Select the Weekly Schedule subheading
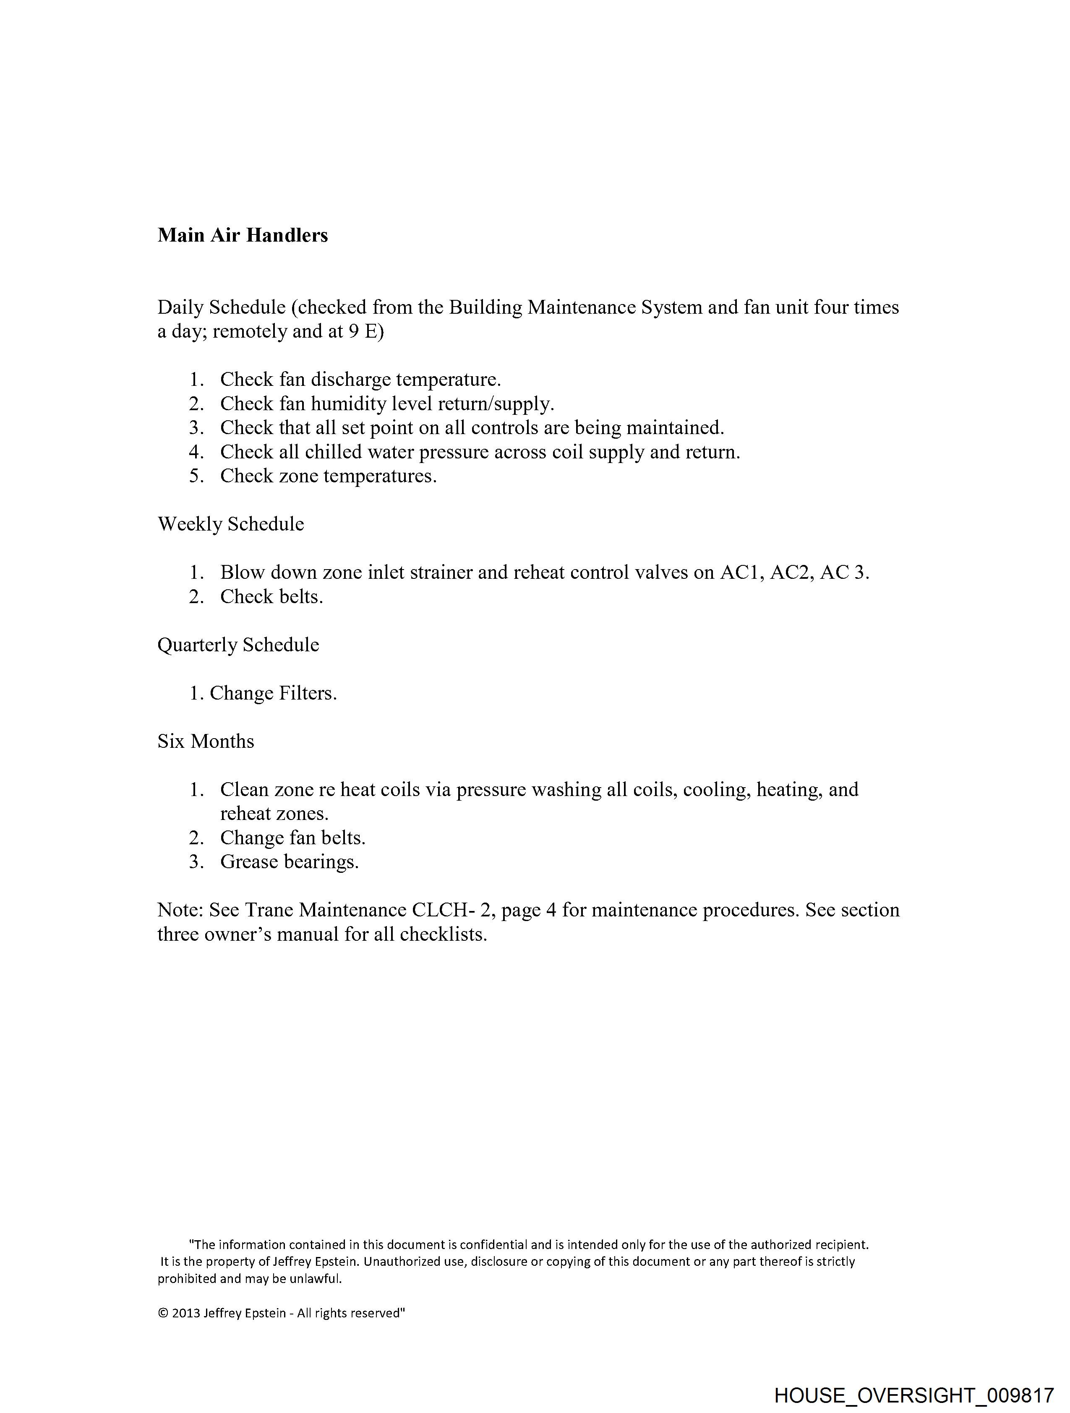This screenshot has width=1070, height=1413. [x=231, y=524]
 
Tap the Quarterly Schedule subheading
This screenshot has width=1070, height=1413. [x=238, y=645]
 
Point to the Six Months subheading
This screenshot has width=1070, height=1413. [x=206, y=741]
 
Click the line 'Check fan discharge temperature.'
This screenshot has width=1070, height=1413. [x=360, y=380]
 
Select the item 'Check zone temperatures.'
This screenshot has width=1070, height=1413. [x=329, y=476]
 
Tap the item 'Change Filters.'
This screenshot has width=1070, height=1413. [x=273, y=693]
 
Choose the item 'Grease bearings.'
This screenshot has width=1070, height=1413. [x=290, y=862]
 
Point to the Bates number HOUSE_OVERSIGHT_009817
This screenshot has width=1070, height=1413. [x=914, y=1395]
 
